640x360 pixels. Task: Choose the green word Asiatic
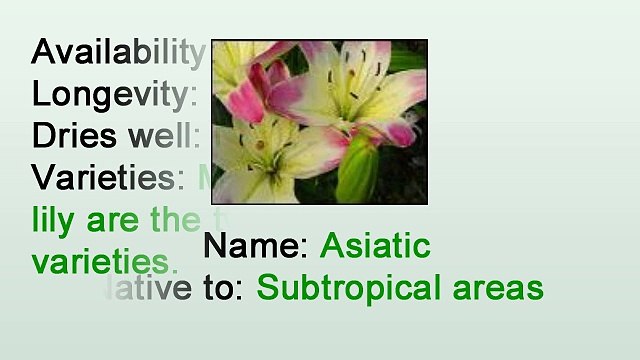(x=375, y=246)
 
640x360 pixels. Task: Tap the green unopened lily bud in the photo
(x=358, y=173)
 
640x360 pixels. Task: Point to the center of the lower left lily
(x=262, y=150)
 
